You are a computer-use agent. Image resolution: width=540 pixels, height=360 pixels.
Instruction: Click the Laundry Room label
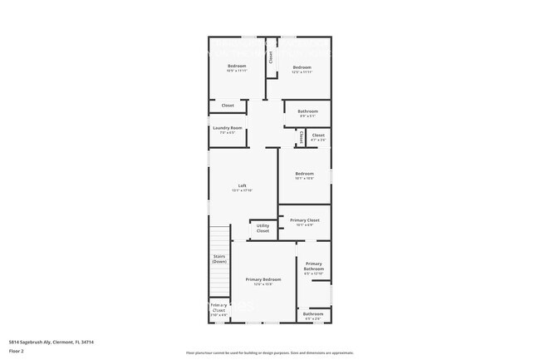(227, 127)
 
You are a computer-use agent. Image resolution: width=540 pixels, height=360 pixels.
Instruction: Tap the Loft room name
(242, 185)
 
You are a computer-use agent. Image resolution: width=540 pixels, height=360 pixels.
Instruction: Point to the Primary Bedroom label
(263, 279)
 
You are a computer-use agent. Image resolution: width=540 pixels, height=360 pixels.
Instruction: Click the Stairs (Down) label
(219, 259)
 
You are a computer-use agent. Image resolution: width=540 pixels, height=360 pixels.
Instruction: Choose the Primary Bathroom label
(313, 266)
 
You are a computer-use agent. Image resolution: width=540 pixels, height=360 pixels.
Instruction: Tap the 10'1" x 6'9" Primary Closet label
(304, 220)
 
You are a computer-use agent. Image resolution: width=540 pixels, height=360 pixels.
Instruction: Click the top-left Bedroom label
(237, 67)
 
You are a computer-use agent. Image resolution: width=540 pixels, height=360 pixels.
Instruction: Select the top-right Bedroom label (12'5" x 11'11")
(302, 67)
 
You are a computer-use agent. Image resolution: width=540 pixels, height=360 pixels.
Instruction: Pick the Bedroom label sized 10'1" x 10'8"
(304, 173)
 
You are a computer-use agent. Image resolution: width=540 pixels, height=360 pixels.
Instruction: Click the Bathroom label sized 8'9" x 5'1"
(307, 111)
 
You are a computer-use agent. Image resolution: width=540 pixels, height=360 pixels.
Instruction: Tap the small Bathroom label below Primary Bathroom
(313, 313)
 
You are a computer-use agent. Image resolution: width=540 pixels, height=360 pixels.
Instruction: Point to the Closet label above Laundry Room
(227, 106)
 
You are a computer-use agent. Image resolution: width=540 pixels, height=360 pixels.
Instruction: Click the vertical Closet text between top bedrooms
(270, 57)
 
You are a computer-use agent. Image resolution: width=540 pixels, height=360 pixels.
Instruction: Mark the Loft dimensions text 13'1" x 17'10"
(242, 190)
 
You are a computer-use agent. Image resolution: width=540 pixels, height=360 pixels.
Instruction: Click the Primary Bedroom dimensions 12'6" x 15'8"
(263, 284)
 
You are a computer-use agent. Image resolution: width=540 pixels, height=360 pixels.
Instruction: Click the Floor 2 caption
(17, 352)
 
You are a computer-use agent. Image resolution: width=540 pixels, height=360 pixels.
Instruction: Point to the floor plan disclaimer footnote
(269, 353)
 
